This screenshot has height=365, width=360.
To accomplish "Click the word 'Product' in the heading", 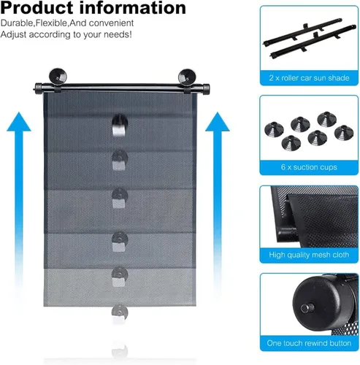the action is click(37, 7).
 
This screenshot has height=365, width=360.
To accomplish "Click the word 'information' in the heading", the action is click(133, 7).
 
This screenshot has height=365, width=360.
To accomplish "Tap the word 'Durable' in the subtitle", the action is click(17, 23).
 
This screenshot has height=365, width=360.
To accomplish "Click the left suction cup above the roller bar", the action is click(58, 76).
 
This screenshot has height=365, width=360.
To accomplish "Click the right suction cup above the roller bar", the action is click(187, 77).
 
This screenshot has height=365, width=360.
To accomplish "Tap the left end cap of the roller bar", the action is click(38, 88).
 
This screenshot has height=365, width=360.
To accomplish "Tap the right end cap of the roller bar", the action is click(206, 88).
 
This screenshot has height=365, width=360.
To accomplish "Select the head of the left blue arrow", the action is click(19, 122).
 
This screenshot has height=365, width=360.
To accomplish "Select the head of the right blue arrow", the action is click(218, 122).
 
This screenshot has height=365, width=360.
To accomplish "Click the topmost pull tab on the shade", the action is click(120, 126).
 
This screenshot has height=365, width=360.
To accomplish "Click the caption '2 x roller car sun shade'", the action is click(309, 78).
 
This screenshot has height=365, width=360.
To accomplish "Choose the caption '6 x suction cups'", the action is click(309, 167).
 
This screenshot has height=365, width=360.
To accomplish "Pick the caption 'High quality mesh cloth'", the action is click(309, 255).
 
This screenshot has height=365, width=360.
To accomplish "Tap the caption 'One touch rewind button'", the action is click(309, 343).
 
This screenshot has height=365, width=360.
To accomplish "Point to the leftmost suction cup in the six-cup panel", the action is click(274, 129).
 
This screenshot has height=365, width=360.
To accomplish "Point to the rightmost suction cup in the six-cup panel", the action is click(344, 132).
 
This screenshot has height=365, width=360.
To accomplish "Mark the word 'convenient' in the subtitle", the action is click(111, 23).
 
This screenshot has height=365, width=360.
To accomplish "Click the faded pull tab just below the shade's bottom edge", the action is click(120, 313).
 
